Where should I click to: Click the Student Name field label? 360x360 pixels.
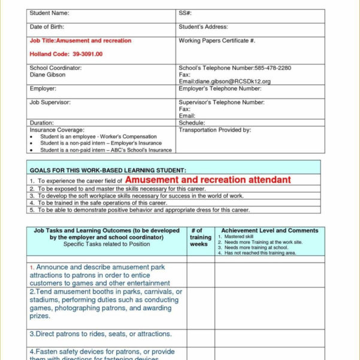49,13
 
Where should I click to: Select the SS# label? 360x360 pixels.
184,13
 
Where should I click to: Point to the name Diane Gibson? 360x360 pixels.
47,75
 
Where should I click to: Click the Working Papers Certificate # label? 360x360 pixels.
217,41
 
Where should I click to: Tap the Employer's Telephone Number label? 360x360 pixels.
220,89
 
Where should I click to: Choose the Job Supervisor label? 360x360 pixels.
50,102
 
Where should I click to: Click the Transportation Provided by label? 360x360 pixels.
214,129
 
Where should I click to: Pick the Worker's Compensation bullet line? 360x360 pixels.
98,137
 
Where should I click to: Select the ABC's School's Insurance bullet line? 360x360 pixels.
105,150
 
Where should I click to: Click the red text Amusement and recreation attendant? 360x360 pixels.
208,180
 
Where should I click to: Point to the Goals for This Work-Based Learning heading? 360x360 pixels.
108,170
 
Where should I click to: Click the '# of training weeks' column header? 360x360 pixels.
200,237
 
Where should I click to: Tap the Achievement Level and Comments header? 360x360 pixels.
269,230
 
